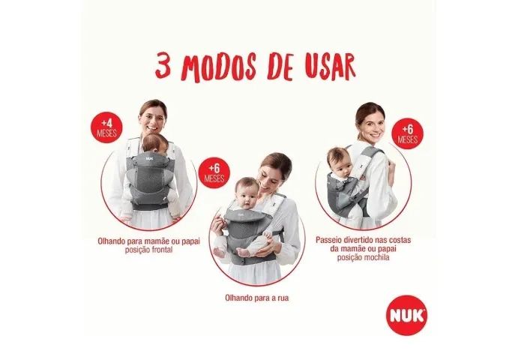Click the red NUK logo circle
406,315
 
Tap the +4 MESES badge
106,128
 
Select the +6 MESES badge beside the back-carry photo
407,133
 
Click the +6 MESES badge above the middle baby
214,172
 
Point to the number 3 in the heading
163,67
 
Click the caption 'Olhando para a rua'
256,298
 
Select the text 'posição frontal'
148,250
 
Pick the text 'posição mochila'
363,257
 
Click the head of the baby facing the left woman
155,143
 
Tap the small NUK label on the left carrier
151,158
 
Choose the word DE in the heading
280,67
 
